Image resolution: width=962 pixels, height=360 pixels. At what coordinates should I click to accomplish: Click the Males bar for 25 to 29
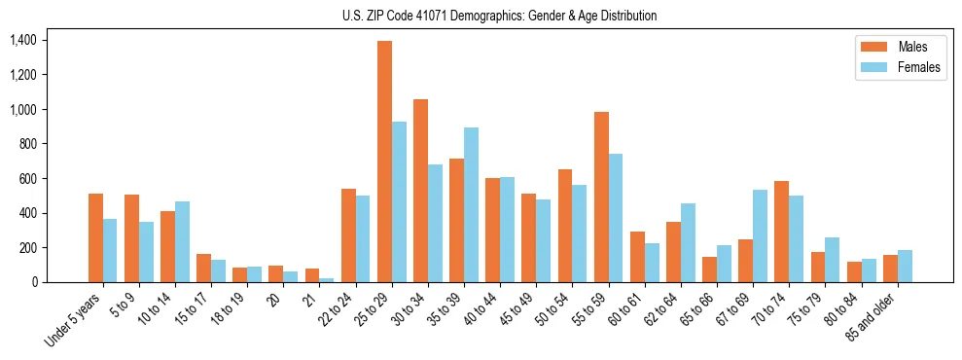coord(384,162)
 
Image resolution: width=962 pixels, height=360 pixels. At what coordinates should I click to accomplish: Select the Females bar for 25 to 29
coord(399,201)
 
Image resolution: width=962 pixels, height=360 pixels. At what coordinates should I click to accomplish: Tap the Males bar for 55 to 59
coord(601,197)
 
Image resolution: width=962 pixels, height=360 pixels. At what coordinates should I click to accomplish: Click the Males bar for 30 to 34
coord(420,191)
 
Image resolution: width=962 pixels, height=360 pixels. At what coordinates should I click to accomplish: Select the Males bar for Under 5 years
coord(95,237)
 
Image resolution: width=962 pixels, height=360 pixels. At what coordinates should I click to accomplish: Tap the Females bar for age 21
coord(327,280)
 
